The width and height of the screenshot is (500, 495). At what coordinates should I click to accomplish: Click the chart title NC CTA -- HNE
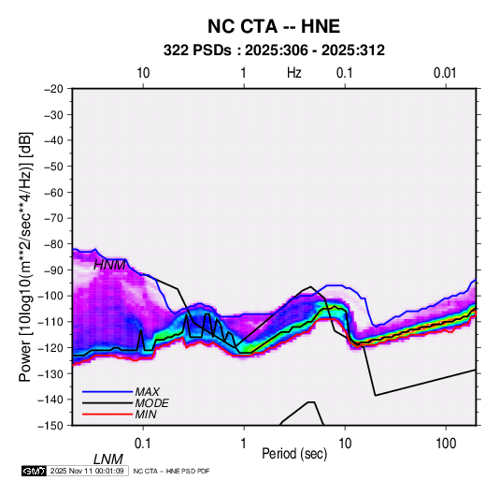pyautogui.click(x=274, y=26)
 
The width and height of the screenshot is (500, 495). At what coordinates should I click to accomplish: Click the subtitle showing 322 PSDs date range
pyautogui.click(x=274, y=51)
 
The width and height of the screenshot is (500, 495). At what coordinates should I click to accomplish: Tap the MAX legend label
pyautogui.click(x=148, y=391)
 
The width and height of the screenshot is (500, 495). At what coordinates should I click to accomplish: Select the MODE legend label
pyautogui.click(x=151, y=403)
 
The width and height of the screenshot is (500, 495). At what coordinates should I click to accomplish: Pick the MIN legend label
pyautogui.click(x=146, y=415)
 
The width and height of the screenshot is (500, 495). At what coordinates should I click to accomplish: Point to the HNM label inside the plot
pyautogui.click(x=109, y=265)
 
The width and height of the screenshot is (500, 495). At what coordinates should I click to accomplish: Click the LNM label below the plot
pyautogui.click(x=108, y=459)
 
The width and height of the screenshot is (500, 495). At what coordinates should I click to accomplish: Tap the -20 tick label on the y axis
pyautogui.click(x=53, y=89)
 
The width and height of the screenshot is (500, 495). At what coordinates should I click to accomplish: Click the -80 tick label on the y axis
pyautogui.click(x=53, y=244)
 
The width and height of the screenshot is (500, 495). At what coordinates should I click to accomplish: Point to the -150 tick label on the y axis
pyautogui.click(x=50, y=426)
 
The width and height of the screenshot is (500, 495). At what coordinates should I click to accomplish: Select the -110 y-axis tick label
pyautogui.click(x=50, y=322)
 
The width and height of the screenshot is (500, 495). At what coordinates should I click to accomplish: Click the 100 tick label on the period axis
pyautogui.click(x=446, y=444)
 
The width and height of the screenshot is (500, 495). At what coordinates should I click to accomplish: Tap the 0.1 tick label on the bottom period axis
pyautogui.click(x=143, y=444)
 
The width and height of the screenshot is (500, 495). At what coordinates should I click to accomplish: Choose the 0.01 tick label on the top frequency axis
pyautogui.click(x=445, y=73)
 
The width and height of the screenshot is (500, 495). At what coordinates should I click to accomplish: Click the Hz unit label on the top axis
pyautogui.click(x=294, y=73)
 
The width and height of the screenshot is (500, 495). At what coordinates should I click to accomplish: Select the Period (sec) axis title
pyautogui.click(x=294, y=454)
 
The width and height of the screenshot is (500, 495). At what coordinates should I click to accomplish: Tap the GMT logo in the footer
pyautogui.click(x=35, y=471)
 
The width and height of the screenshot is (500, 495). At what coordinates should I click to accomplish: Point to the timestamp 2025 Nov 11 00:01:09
pyautogui.click(x=87, y=471)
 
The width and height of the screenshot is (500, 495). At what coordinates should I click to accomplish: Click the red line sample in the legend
pyautogui.click(x=107, y=415)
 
